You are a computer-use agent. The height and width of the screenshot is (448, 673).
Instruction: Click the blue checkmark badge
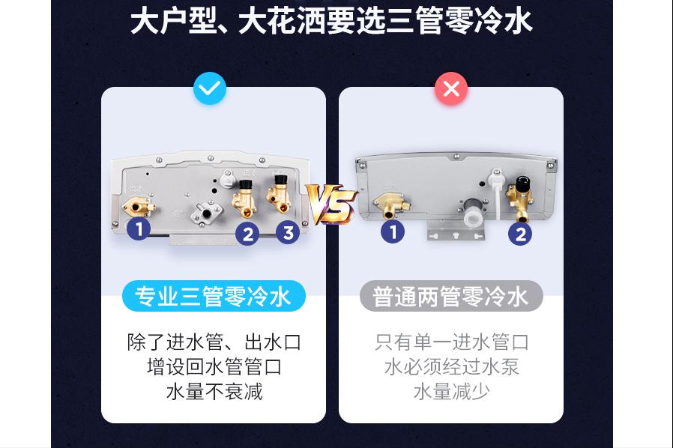pyautogui.click(x=210, y=89)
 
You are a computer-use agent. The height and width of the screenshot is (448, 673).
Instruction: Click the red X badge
pyautogui.click(x=451, y=89)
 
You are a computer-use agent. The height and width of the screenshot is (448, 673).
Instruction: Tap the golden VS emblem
pyautogui.click(x=331, y=205)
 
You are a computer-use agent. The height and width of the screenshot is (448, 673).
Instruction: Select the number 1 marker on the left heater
pyautogui.click(x=139, y=228)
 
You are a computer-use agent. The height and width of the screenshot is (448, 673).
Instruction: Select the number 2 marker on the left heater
pyautogui.click(x=247, y=234)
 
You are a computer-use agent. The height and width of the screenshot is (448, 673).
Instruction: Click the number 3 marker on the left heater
pyautogui.click(x=288, y=232)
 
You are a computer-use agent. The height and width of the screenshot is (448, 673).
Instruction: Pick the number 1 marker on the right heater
pyautogui.click(x=393, y=231)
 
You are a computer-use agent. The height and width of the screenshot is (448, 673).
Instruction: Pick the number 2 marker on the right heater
pyautogui.click(x=519, y=234)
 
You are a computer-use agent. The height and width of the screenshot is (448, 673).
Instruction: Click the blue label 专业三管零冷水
pyautogui.click(x=214, y=297)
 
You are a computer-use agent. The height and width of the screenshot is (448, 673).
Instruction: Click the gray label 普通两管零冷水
pyautogui.click(x=450, y=297)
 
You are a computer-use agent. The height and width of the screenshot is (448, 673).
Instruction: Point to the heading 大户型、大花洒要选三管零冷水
pyautogui.click(x=331, y=21)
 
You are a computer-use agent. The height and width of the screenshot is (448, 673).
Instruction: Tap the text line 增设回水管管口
pyautogui.click(x=214, y=367)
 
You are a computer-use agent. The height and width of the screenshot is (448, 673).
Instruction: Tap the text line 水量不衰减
pyautogui.click(x=214, y=391)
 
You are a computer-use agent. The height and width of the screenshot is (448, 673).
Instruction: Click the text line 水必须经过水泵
pyautogui.click(x=451, y=367)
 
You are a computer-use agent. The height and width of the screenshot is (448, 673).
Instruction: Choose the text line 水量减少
pyautogui.click(x=451, y=391)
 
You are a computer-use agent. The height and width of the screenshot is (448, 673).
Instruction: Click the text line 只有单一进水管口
pyautogui.click(x=451, y=342)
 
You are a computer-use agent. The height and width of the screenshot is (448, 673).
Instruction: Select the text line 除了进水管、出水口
pyautogui.click(x=214, y=342)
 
